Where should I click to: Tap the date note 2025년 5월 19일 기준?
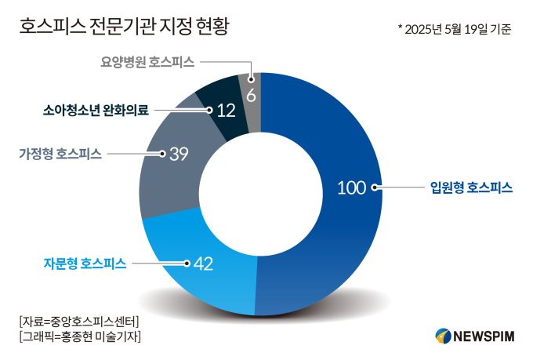[455, 30]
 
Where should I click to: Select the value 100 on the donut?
[352, 187]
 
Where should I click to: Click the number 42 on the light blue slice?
[203, 264]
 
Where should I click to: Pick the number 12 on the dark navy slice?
[226, 111]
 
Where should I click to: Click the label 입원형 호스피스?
[471, 187]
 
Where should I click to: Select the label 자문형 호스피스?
[85, 264]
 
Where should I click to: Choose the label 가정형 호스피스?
[60, 154]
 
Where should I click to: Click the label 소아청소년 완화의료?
[95, 111]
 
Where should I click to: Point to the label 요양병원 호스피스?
[147, 60]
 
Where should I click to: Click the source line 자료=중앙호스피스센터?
[78, 322]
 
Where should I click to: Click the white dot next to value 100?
[375, 187]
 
